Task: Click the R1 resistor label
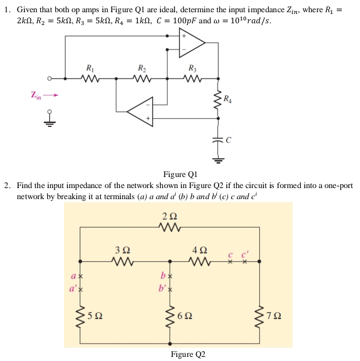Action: pos(90,68)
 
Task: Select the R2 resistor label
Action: pos(141,68)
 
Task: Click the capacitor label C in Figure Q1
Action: pos(229,140)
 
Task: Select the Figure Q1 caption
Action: pos(181,174)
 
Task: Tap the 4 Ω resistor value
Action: pos(199,249)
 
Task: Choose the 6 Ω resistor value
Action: pos(186,316)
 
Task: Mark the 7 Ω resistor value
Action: pos(275,316)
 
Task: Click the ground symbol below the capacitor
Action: pos(219,158)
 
